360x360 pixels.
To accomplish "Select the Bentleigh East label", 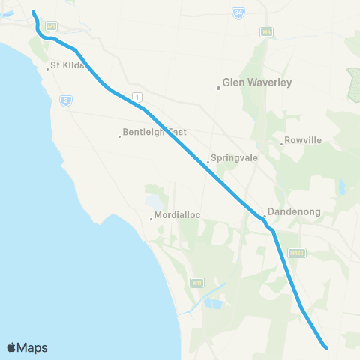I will [x=154, y=133].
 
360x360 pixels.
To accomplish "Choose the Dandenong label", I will [x=295, y=212].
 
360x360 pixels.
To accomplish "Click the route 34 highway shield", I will [x=238, y=14].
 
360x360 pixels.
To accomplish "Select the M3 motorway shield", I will [x=266, y=32].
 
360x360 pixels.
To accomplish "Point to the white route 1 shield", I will [x=136, y=96].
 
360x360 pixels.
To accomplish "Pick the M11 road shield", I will [x=196, y=283].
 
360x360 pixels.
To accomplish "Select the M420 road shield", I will [x=298, y=253].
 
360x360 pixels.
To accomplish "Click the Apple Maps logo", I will [x=27, y=347].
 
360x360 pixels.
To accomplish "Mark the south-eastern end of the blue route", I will [x=326, y=346].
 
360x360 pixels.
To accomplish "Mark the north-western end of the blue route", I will [x=34, y=12].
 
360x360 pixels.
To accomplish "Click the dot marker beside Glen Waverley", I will [x=218, y=88].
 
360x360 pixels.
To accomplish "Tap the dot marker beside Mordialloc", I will [x=151, y=219].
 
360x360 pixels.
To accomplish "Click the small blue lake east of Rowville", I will [x=341, y=188].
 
